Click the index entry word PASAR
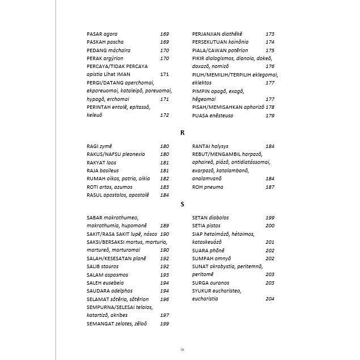coord(95,34)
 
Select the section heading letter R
coord(183,133)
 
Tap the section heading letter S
coord(183,204)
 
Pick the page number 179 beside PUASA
coord(270,116)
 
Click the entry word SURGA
coord(202,283)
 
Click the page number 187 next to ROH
coord(270,187)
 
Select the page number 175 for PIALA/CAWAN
coord(270,50)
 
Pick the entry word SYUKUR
coord(204,291)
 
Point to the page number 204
coord(270,299)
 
